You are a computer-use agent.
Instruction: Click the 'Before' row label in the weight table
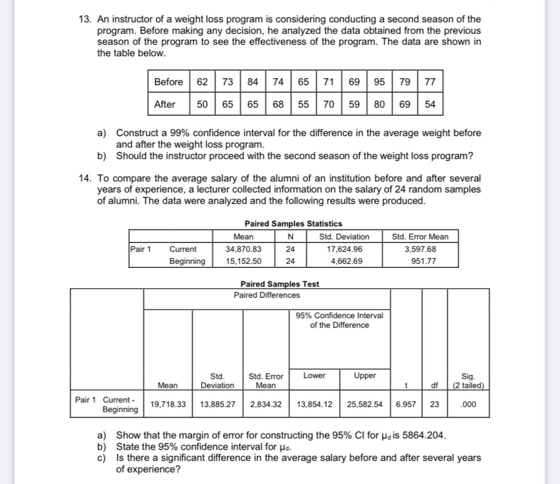tap(168, 82)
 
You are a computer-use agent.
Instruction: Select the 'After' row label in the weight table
tap(164, 104)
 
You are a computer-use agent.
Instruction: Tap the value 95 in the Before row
tap(379, 82)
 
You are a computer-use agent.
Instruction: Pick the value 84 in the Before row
tap(253, 82)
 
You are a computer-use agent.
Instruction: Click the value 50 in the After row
tap(202, 104)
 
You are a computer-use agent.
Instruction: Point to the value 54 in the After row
tap(429, 104)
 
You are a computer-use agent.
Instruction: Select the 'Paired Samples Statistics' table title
tap(293, 224)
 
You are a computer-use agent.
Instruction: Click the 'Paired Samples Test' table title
tap(280, 284)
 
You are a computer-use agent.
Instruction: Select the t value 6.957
tap(406, 404)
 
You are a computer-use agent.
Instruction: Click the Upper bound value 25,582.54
tap(365, 404)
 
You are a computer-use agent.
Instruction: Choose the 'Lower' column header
tap(314, 376)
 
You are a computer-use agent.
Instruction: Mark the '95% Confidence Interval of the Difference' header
tap(339, 320)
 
